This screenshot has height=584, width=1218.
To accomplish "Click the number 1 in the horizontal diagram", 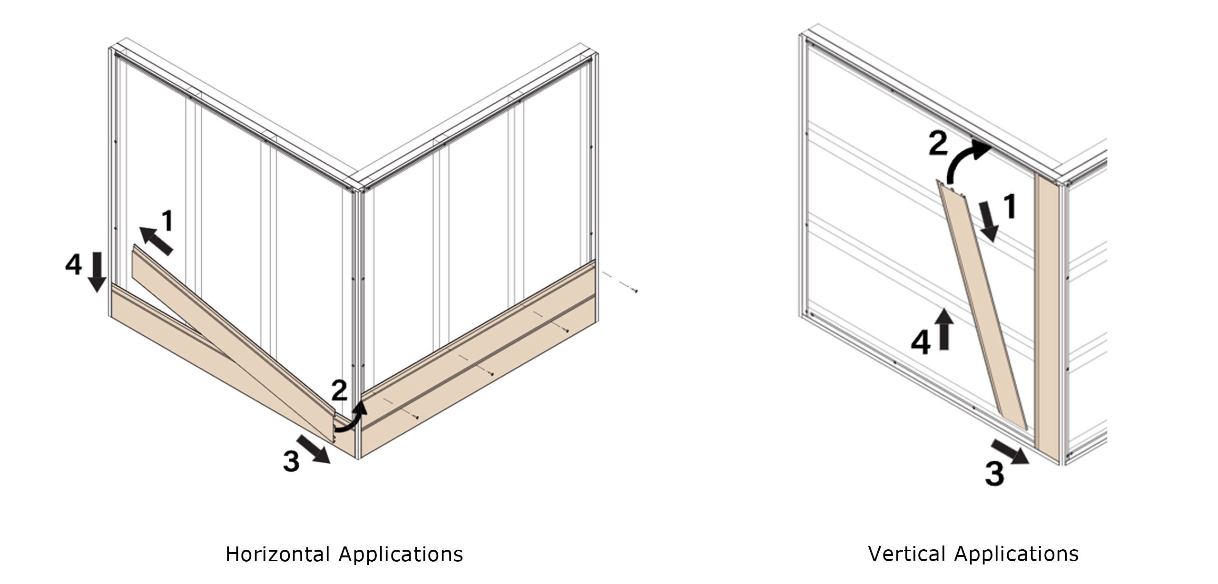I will click(x=167, y=221).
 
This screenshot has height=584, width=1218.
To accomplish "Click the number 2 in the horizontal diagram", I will click(x=339, y=391).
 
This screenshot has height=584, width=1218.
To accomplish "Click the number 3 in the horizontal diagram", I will click(x=291, y=461).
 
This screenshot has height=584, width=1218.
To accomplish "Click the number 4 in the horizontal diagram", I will click(x=73, y=264).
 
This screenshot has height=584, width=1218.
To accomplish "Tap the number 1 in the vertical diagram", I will click(x=1008, y=206).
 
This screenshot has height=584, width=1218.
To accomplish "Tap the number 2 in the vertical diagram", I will click(x=938, y=145).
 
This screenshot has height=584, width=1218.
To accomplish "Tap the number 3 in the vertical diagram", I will click(x=994, y=473).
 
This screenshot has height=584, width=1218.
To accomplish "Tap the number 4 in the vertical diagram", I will click(x=920, y=343).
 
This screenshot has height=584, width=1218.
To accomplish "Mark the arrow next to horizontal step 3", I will click(x=314, y=448).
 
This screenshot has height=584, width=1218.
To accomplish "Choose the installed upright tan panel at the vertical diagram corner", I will click(x=1047, y=319).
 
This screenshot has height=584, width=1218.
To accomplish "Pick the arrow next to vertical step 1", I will click(x=989, y=221).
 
